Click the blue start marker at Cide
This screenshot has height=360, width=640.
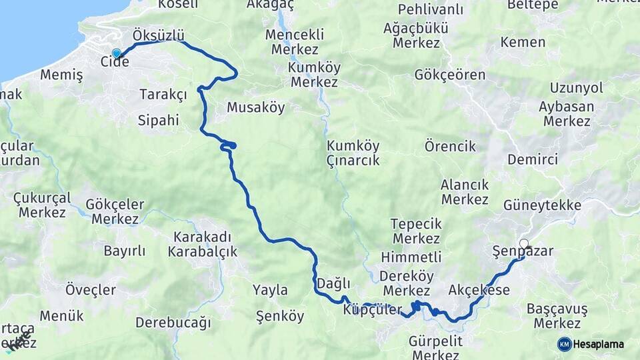(x=117, y=53)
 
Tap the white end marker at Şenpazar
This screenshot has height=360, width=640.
(x=524, y=244)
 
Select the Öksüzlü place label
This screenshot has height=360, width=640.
(x=159, y=35)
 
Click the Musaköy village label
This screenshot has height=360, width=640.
(x=255, y=107)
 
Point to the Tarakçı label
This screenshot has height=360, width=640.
(x=163, y=94)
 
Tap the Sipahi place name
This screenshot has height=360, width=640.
(x=158, y=121)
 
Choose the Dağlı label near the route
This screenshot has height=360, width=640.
(x=333, y=283)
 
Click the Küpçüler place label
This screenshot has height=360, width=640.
(x=373, y=310)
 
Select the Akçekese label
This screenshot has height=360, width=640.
(x=479, y=290)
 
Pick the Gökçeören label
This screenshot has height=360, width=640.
(x=450, y=75)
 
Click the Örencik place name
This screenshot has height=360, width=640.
(x=451, y=146)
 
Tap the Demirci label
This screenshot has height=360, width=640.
(x=533, y=159)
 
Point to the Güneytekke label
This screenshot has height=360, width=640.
(x=543, y=205)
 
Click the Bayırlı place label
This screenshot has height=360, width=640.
(x=124, y=251)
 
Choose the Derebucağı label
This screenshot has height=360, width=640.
(x=173, y=323)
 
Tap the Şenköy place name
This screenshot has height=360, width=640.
(x=280, y=317)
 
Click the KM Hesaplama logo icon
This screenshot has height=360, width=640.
(x=565, y=344)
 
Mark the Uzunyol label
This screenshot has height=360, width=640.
(x=577, y=88)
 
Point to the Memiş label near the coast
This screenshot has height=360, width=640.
(x=61, y=75)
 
